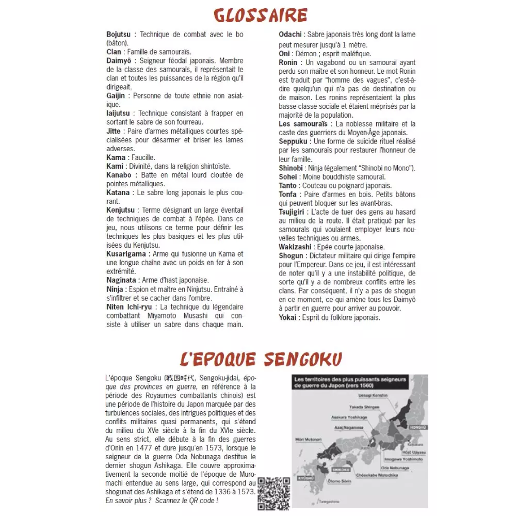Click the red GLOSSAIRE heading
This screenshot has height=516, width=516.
click(x=260, y=15)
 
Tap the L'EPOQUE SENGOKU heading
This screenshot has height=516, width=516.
click(x=261, y=359)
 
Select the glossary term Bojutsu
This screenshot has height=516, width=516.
click(x=119, y=35)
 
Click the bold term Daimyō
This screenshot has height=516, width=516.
click(x=118, y=61)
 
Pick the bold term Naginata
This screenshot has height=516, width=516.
click(x=121, y=280)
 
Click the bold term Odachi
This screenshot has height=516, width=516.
click(x=291, y=35)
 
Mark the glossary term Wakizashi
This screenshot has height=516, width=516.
click(x=295, y=247)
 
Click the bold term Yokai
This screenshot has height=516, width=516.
click(x=287, y=317)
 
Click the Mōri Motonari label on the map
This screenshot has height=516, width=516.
click(x=310, y=440)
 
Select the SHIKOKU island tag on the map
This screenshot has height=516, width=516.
click(x=341, y=470)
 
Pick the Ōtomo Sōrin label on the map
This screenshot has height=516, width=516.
click(x=339, y=481)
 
